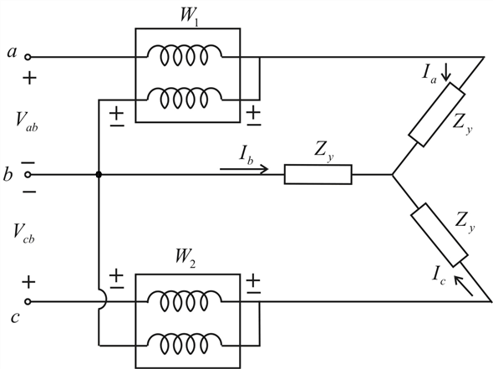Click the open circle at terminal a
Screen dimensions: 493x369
click(x=28, y=57)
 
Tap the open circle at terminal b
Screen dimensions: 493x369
click(x=28, y=174)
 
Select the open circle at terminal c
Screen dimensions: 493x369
click(x=28, y=301)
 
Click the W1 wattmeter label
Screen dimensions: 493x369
click(x=190, y=16)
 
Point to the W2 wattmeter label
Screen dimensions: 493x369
click(x=186, y=259)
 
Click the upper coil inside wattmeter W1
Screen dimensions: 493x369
click(x=185, y=55)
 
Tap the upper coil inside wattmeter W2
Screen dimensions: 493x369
click(x=185, y=300)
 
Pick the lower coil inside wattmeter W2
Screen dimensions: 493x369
click(x=185, y=344)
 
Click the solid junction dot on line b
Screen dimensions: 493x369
click(x=99, y=174)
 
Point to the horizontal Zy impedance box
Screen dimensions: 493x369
click(x=318, y=174)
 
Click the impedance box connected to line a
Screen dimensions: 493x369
click(x=436, y=115)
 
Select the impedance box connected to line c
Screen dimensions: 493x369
click(x=440, y=235)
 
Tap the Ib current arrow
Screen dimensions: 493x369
click(x=244, y=169)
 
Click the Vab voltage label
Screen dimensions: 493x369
click(x=27, y=121)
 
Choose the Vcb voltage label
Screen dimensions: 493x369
click(x=24, y=233)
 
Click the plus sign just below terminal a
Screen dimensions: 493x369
click(x=29, y=78)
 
